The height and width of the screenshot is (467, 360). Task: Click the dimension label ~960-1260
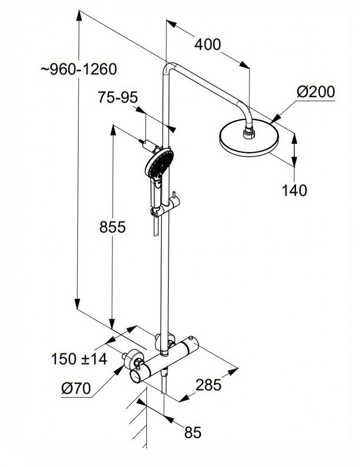pyautogui.click(x=79, y=69)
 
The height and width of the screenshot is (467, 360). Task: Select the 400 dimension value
pyautogui.click(x=207, y=44)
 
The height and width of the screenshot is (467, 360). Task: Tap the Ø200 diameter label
pyautogui.click(x=315, y=92)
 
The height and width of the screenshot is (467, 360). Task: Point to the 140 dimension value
pyautogui.click(x=294, y=190)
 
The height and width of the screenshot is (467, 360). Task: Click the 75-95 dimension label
pyautogui.click(x=117, y=98)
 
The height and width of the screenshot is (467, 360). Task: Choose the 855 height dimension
pyautogui.click(x=112, y=227)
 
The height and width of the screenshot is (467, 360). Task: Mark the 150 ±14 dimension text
pyautogui.click(x=79, y=359)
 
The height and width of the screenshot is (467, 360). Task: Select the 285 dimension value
pyautogui.click(x=209, y=385)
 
